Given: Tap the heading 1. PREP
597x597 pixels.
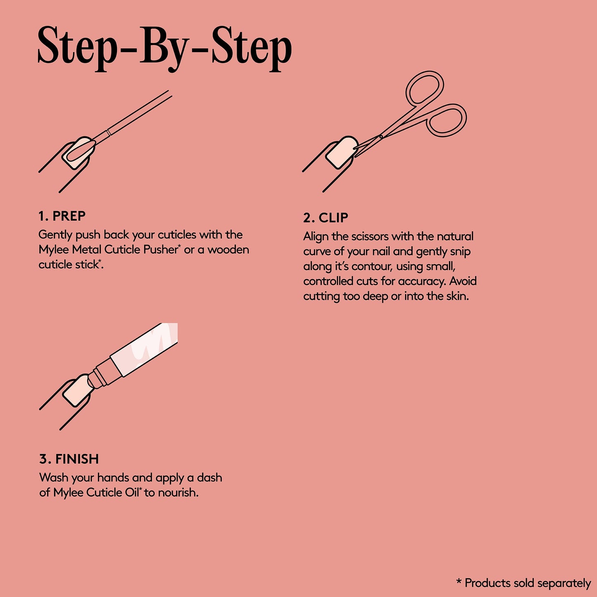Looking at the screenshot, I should click(x=62, y=216).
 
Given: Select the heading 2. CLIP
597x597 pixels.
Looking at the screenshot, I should click(x=326, y=218).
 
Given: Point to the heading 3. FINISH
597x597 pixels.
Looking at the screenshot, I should click(x=69, y=459).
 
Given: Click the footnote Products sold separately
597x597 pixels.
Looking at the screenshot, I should click(x=523, y=583).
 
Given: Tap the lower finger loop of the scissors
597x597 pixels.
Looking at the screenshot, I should click(x=447, y=120).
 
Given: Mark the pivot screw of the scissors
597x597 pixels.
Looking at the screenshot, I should click(x=381, y=137).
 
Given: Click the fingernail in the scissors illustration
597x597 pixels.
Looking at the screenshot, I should click(x=341, y=152).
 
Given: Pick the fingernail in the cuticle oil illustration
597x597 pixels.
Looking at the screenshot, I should click(x=77, y=390).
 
